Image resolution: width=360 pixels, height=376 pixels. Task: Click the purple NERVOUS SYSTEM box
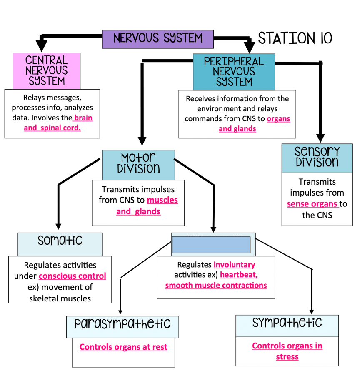pyautogui.click(x=157, y=39)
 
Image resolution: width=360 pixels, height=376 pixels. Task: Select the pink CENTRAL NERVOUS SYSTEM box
pyautogui.click(x=46, y=70)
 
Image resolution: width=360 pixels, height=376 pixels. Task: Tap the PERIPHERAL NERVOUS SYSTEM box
pyautogui.click(x=234, y=71)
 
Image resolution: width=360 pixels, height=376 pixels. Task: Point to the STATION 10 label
pyautogui.click(x=295, y=38)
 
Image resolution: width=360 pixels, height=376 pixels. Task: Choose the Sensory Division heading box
pyautogui.click(x=317, y=158)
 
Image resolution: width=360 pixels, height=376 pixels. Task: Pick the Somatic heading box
pyautogui.click(x=60, y=244)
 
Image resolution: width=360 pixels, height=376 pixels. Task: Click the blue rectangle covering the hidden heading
pyautogui.click(x=211, y=245)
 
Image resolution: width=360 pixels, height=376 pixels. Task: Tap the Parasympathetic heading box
pyautogui.click(x=122, y=326)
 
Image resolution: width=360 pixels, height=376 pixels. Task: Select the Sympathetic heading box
pyautogui.click(x=287, y=326)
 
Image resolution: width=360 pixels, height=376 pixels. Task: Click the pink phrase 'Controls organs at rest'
pyautogui.click(x=123, y=347)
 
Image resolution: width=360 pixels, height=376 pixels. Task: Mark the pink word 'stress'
pyautogui.click(x=287, y=356)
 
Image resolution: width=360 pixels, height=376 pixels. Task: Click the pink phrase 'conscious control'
pyautogui.click(x=72, y=276)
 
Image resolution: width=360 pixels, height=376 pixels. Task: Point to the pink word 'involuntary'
pyautogui.click(x=234, y=265)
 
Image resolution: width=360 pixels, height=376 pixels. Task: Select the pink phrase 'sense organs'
pyautogui.click(x=312, y=204)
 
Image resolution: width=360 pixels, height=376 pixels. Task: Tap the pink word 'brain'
pyautogui.click(x=83, y=118)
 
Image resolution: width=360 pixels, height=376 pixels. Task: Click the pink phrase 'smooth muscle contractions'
pyautogui.click(x=216, y=286)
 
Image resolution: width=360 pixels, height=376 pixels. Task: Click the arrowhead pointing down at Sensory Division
pyautogui.click(x=320, y=138)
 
